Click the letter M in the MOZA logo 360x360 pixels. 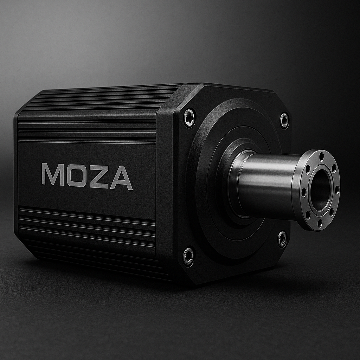53,174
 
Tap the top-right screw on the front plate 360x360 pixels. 284,120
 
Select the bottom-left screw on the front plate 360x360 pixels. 188,256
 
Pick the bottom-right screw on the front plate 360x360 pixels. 282,239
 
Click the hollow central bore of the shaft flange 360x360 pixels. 320,190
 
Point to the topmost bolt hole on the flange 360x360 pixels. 322,156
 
